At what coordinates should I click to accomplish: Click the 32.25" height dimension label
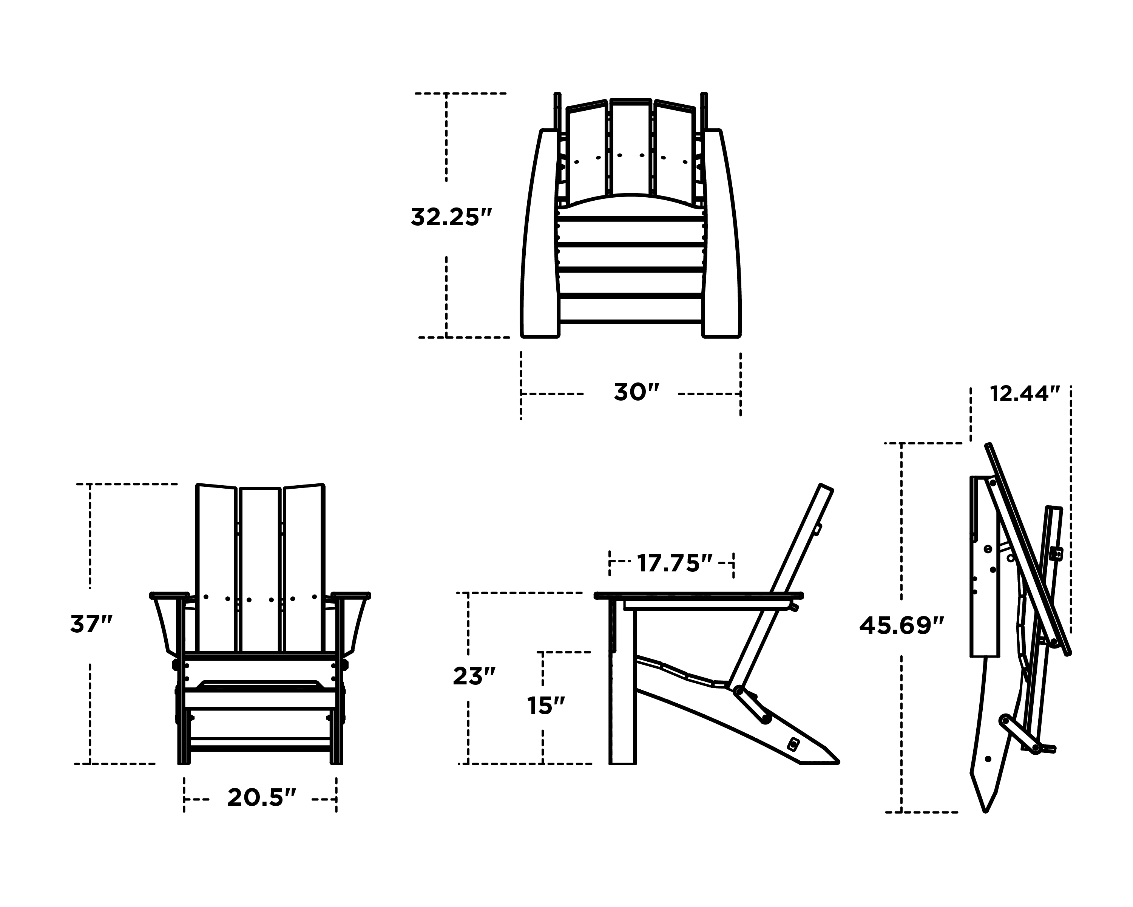(451, 217)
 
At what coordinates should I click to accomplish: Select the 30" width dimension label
(636, 392)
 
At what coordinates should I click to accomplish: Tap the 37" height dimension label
(91, 625)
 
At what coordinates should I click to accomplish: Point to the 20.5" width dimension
(262, 798)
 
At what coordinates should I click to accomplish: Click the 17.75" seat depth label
(675, 563)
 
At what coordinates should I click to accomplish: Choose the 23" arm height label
(474, 677)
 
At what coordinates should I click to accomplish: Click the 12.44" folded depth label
(1025, 393)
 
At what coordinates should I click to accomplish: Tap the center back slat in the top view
(631, 147)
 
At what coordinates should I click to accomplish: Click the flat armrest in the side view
(699, 596)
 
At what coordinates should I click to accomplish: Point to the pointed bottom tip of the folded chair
(986, 811)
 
